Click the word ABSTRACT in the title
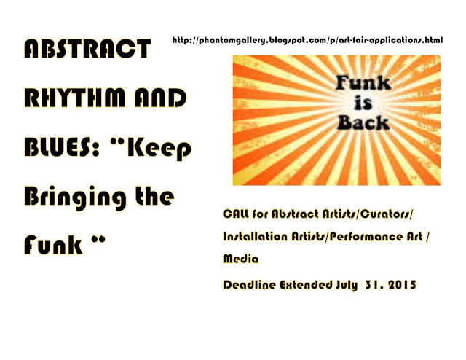(x=87, y=49)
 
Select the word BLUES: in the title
(x=61, y=146)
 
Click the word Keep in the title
(x=159, y=149)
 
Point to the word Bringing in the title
(x=75, y=198)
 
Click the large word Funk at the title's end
(x=53, y=245)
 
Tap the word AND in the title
(x=160, y=98)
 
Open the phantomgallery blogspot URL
(x=307, y=40)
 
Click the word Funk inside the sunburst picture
(x=363, y=82)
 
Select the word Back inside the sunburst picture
(x=363, y=122)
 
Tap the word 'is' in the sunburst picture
(x=363, y=103)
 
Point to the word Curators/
(x=387, y=214)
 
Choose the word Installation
(x=256, y=237)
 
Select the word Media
(x=241, y=259)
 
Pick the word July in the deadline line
(x=347, y=286)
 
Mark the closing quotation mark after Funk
(x=99, y=239)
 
